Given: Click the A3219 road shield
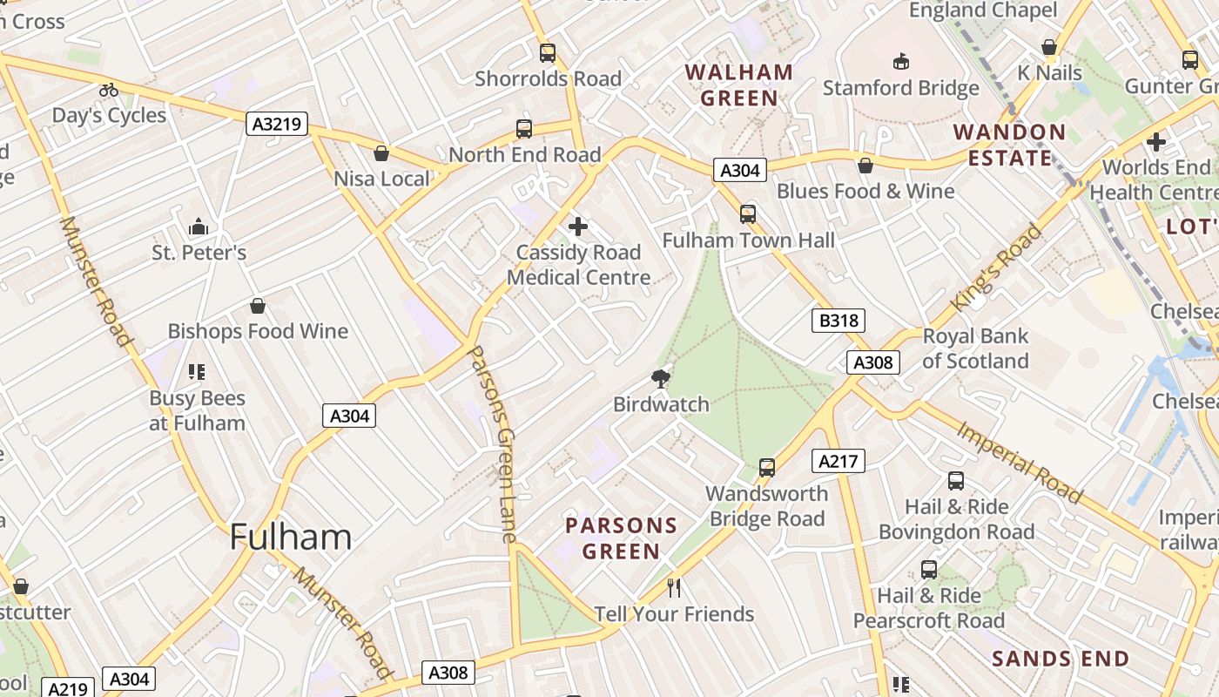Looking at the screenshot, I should tap(277, 124).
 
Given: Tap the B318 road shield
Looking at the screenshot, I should tap(839, 321).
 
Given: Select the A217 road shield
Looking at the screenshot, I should tap(838, 461).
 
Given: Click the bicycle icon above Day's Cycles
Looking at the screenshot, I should tap(109, 89).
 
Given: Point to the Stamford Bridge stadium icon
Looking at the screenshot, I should tap(901, 61).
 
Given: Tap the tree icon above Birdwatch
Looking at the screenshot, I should tap(661, 378).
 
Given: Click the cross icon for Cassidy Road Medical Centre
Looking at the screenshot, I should tap(578, 227).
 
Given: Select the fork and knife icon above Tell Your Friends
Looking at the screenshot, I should tap(674, 587).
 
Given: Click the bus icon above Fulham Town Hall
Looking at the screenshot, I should tap(748, 213).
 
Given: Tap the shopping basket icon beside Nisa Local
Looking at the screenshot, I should tap(381, 153).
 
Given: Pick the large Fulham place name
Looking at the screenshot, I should tap(291, 537).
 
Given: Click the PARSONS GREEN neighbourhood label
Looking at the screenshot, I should tap(621, 538).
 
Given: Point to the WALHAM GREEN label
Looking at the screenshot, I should tap(739, 85).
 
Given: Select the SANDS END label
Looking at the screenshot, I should tap(1061, 659).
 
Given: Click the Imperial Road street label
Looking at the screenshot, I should tap(1020, 463).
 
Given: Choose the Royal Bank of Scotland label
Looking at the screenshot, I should tap(975, 348).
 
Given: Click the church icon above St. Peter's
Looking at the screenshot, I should tap(199, 227).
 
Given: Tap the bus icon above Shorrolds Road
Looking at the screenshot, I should tap(548, 52).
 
